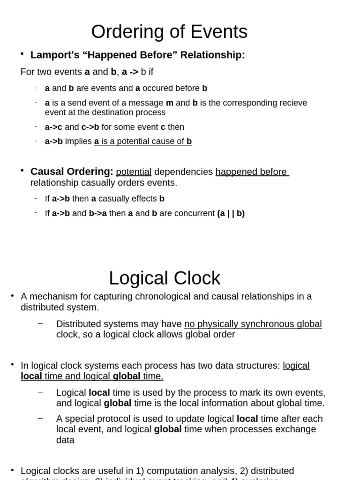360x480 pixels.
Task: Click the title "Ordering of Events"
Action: click(169, 32)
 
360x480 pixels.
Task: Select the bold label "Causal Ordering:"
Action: click(72, 172)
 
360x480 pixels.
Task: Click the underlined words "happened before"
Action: click(251, 172)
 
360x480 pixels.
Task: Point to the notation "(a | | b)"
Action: click(231, 213)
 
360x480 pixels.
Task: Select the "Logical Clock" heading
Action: click(165, 278)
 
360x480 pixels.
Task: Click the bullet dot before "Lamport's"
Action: click(22, 54)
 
